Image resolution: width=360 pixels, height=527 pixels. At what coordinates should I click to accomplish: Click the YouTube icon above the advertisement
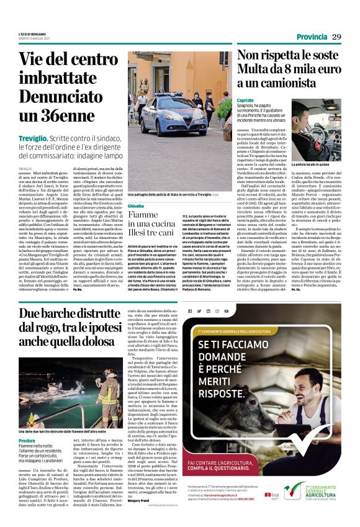coord(227,310)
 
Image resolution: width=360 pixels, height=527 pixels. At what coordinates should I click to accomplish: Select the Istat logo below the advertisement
coord(272,494)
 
